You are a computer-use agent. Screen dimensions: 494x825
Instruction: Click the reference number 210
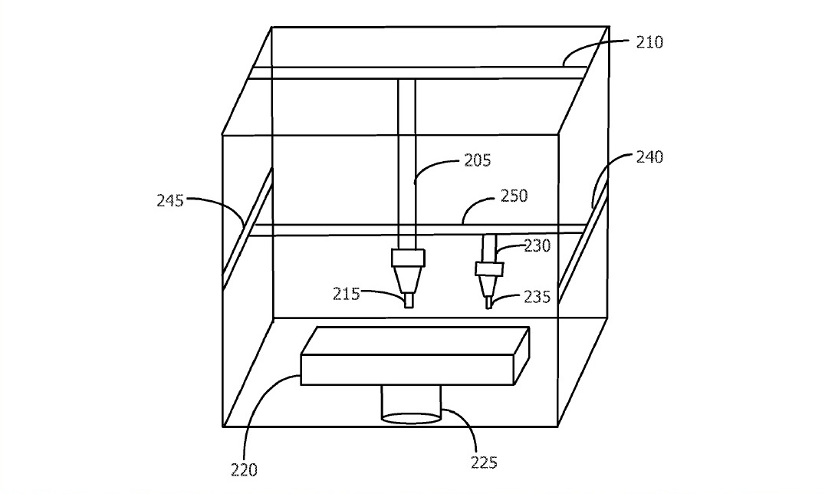point(649,42)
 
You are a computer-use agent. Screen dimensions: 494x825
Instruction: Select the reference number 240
point(649,157)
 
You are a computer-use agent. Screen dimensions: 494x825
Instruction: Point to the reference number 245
point(170,202)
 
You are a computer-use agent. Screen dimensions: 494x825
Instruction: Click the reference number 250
point(513,196)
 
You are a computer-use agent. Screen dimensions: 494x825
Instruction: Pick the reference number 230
point(537,245)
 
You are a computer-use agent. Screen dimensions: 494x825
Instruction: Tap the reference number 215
point(346,293)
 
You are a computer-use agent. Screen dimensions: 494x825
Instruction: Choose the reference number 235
point(537,297)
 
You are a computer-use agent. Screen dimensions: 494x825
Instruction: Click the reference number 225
point(485,462)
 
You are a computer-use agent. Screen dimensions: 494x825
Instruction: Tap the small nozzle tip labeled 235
point(488,303)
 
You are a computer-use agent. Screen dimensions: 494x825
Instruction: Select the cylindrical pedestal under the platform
point(412,404)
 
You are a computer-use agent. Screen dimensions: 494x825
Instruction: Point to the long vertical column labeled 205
point(406,161)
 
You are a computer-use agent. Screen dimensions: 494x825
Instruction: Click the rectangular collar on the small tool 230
point(488,269)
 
